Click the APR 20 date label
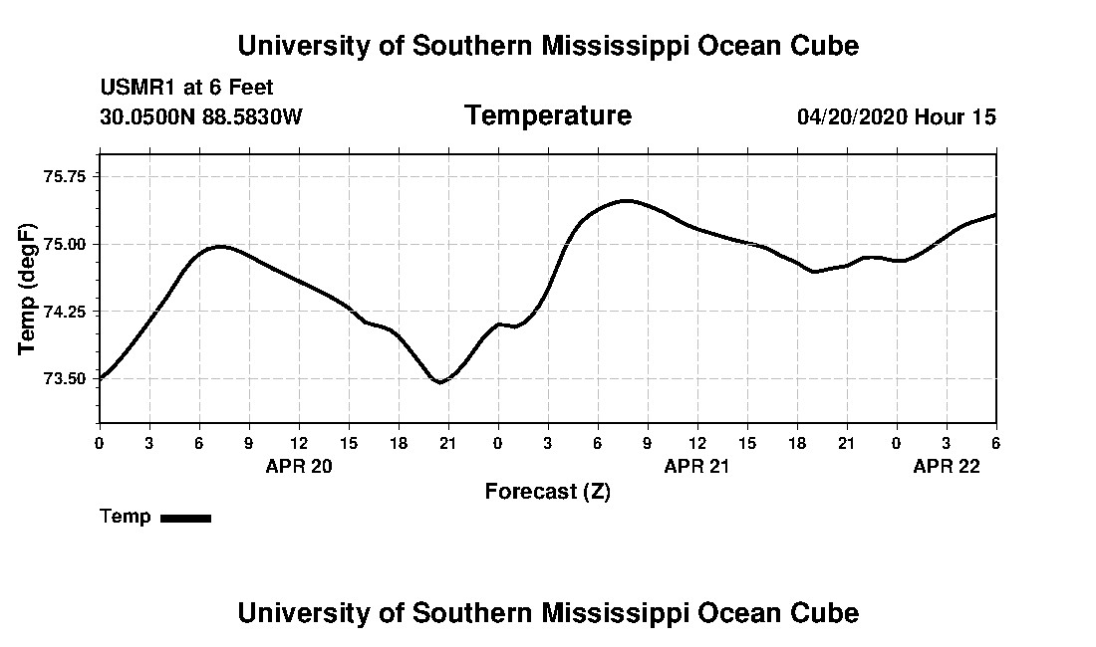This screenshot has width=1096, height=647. coord(299,466)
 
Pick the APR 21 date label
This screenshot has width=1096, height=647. coord(697,466)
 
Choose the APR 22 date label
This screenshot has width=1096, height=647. coord(947,466)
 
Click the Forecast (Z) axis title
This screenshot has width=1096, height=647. coord(548,492)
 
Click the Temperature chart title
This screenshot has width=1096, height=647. coord(548,116)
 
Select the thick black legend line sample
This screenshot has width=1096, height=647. coord(186,518)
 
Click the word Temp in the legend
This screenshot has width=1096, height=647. coord(126,517)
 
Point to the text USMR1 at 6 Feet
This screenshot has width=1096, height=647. coord(186,89)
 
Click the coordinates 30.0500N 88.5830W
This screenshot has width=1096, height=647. coord(201,117)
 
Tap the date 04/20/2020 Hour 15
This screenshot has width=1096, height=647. coord(897,117)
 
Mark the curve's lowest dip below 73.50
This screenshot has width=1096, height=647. coord(439,382)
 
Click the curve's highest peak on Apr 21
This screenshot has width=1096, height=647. coord(626,201)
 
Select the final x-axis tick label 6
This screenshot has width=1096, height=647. coord(995,442)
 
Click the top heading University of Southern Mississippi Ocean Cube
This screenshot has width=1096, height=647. coord(548,46)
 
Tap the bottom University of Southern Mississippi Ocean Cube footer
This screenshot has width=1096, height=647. coord(548,613)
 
